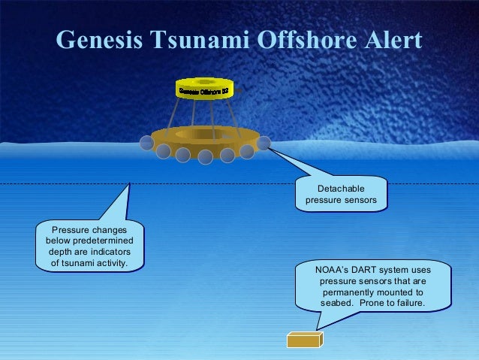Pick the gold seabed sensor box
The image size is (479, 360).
(304, 340)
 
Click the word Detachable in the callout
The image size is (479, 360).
(341, 188)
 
